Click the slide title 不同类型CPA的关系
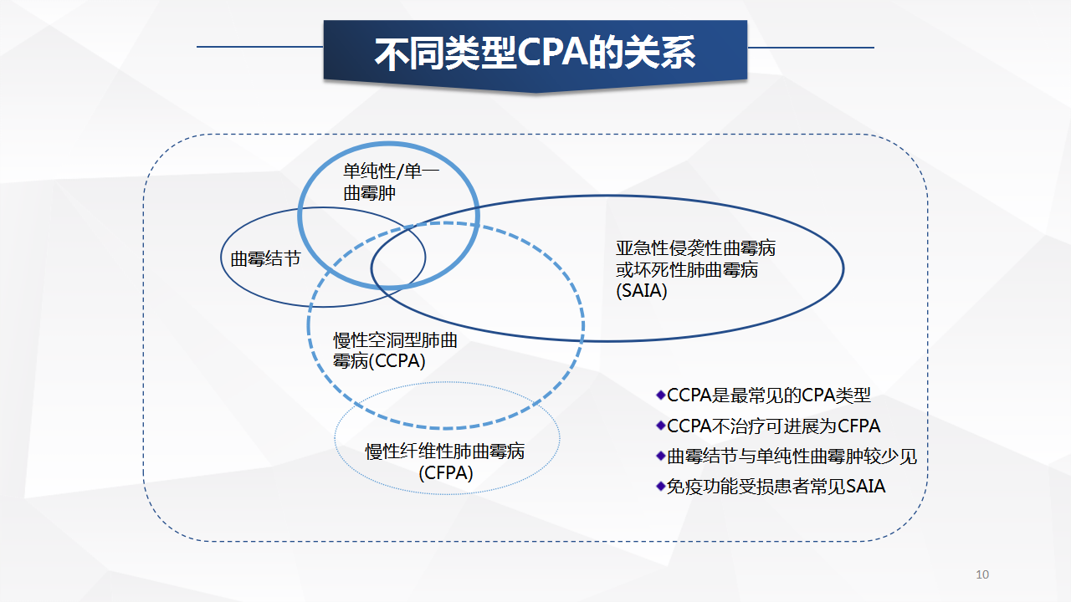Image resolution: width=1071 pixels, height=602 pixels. [x=535, y=53]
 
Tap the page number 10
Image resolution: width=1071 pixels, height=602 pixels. [x=982, y=574]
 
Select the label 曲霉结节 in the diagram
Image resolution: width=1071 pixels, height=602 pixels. [x=265, y=259]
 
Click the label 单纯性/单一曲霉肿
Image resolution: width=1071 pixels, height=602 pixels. [x=391, y=182]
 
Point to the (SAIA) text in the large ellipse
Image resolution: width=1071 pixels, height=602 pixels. [x=641, y=290]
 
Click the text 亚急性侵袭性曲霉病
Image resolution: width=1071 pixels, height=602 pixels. [x=695, y=248]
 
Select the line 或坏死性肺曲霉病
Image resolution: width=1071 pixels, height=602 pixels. [x=687, y=270]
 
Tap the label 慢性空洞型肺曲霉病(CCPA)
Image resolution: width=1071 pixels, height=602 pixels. [x=395, y=350]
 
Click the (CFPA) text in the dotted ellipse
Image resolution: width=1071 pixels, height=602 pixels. [x=446, y=473]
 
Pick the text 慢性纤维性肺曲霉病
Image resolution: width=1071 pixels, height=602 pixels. [x=444, y=451]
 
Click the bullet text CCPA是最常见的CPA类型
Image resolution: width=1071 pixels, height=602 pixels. [x=769, y=395]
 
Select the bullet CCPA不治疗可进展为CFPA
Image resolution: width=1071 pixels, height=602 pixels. [x=774, y=426]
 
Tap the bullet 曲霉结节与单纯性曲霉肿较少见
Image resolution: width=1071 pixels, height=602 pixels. [x=792, y=457]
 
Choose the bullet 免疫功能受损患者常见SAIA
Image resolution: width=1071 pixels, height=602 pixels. [x=776, y=487]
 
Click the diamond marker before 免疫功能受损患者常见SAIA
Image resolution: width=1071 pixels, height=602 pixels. [x=661, y=487]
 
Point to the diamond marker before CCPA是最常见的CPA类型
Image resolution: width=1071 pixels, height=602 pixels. [x=661, y=395]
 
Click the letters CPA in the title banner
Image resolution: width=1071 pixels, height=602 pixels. [x=551, y=53]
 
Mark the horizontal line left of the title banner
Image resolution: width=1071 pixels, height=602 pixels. [x=260, y=47]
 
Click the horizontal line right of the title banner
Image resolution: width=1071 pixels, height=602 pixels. [x=811, y=48]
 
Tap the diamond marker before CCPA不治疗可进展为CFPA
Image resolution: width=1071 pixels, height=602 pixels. [x=661, y=426]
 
